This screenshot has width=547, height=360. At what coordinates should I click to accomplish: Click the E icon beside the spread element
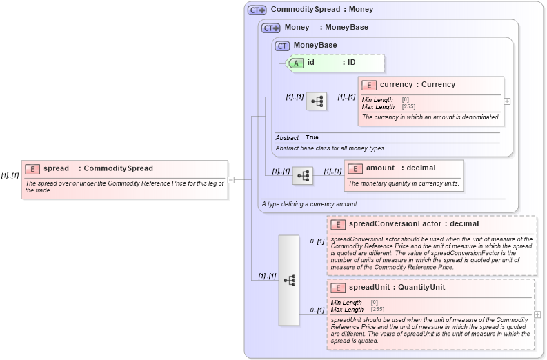[x=32, y=168]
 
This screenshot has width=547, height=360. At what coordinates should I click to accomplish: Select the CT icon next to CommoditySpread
[x=257, y=10]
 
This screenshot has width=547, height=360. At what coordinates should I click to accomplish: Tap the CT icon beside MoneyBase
[x=282, y=46]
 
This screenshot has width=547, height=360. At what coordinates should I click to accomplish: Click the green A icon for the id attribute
[x=296, y=63]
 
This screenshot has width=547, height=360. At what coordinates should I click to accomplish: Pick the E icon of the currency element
[x=368, y=85]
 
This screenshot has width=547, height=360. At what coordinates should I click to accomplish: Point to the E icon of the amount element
[x=355, y=168]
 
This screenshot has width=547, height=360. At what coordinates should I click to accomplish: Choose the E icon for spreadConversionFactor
[x=338, y=224]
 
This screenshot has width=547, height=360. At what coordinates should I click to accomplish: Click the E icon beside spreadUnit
[x=338, y=288]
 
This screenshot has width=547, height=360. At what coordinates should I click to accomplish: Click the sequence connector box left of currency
[x=317, y=101]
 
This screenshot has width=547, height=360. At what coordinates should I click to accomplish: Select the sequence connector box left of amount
[x=302, y=176]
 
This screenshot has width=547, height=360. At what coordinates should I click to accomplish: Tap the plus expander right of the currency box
[x=508, y=101]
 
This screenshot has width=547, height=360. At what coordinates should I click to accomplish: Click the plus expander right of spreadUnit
[x=538, y=314]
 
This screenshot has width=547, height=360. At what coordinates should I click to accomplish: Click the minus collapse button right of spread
[x=231, y=180]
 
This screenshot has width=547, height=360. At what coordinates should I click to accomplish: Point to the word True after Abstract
[x=312, y=138]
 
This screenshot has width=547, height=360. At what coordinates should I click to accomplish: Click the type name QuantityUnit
[x=420, y=288]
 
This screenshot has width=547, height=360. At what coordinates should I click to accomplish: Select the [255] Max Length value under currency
[x=408, y=107]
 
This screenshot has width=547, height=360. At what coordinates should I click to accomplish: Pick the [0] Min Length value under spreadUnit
[x=374, y=302]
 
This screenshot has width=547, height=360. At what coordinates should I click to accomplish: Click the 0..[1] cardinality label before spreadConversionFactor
[x=317, y=241]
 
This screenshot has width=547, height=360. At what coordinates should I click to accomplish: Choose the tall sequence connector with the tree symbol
[x=289, y=280]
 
